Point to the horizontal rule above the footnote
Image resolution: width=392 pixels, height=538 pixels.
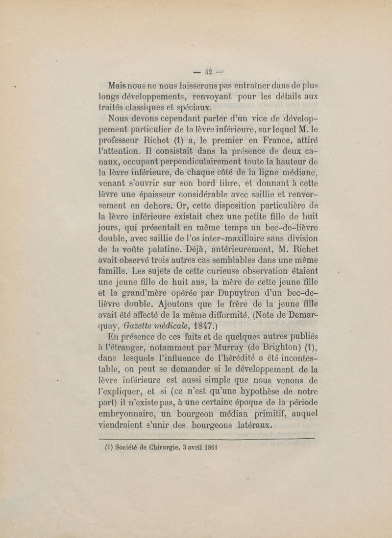click(206, 439)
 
